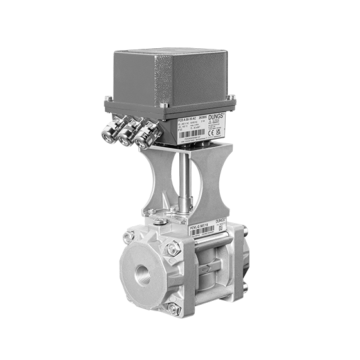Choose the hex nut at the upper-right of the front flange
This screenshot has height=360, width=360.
(x=172, y=248)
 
